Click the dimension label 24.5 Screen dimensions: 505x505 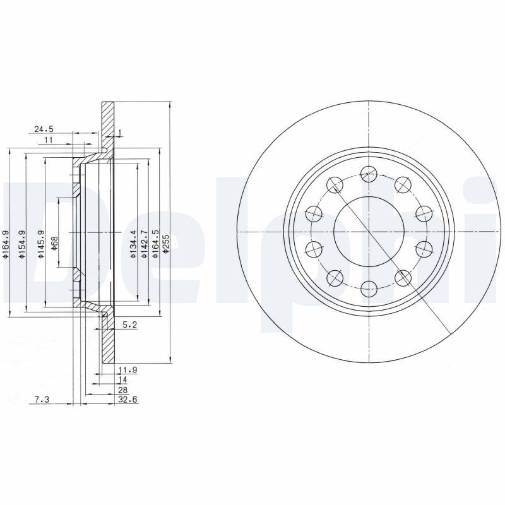point(43,129)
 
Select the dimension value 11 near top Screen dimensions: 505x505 point(49,140)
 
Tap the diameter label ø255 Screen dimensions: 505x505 point(165,244)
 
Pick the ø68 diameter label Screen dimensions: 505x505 point(54,243)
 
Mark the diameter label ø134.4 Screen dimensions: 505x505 point(133,246)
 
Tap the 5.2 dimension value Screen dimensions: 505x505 point(129,325)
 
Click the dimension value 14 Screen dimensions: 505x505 point(122,380)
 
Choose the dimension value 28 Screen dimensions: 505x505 point(122,390)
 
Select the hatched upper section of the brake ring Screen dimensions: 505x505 point(109,123)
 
